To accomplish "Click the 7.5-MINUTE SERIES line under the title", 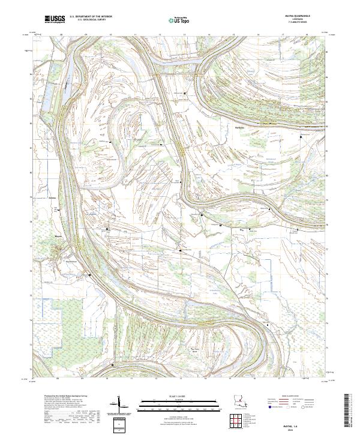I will [298, 23].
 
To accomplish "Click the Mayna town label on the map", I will [58, 236].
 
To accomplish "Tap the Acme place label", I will [52, 196].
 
